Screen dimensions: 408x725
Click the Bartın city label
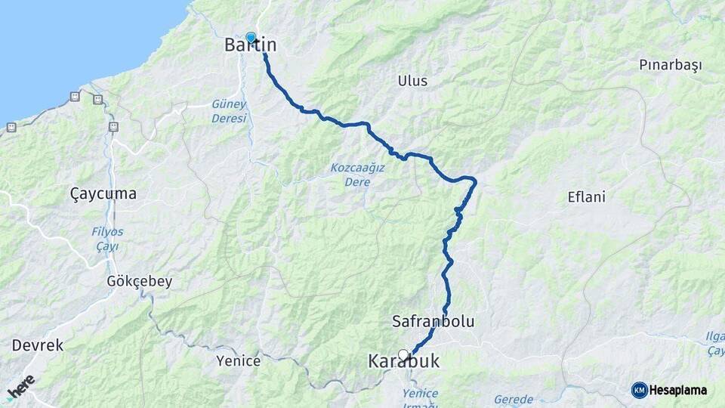(x=251, y=45)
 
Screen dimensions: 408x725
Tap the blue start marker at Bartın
(x=251, y=37)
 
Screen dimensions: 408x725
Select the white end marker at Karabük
(x=403, y=354)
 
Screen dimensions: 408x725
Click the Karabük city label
(x=403, y=362)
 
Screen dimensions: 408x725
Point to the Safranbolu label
(x=433, y=321)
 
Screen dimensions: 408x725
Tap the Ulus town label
(x=412, y=81)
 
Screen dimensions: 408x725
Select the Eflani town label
(x=587, y=197)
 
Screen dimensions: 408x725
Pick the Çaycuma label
(x=103, y=194)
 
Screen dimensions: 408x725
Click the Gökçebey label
(x=140, y=281)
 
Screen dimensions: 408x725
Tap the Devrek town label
(x=37, y=345)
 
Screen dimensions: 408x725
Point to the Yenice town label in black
(x=238, y=361)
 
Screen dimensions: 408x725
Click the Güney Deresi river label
(x=229, y=112)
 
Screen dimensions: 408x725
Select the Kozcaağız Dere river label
(x=357, y=173)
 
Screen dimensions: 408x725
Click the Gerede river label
(x=513, y=399)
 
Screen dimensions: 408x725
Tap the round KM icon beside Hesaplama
(x=639, y=390)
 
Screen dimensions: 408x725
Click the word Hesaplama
(x=677, y=390)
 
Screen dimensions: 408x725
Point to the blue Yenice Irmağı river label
(x=420, y=399)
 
